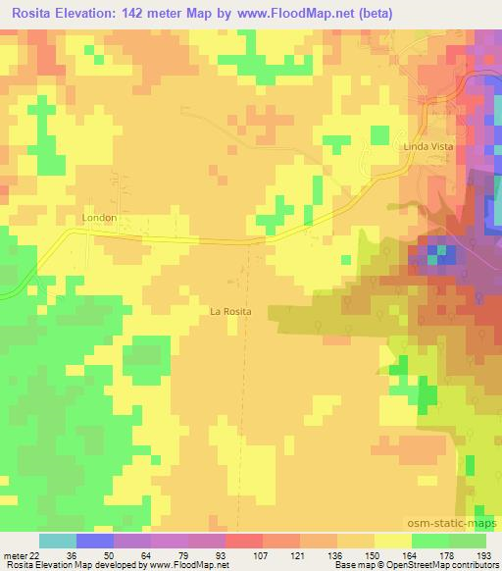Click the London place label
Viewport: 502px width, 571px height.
click(x=101, y=218)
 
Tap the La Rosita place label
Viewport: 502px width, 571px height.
click(x=231, y=311)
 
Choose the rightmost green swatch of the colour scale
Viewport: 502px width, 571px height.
click(x=468, y=541)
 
